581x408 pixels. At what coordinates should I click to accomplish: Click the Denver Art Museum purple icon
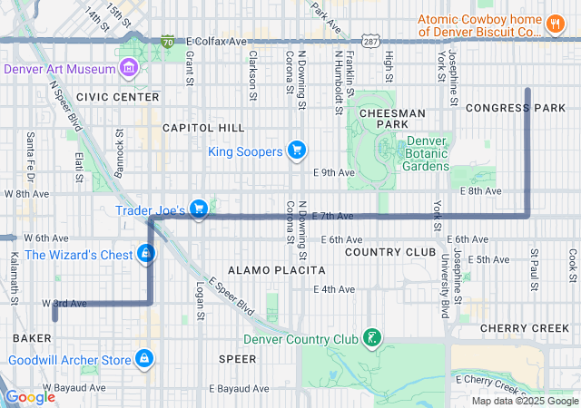128,69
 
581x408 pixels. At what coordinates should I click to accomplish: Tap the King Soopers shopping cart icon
296,151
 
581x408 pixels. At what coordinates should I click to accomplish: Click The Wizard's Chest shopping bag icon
145,254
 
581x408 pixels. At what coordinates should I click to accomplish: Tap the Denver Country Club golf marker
370,340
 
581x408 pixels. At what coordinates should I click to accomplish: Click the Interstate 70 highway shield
167,41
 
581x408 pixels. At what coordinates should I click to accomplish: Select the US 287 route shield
369,41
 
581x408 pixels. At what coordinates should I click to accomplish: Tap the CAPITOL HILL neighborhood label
203,128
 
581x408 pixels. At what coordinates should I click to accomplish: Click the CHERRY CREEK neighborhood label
524,327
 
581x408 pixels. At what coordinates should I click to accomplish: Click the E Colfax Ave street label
217,42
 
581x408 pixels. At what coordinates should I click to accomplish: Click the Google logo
30,396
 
